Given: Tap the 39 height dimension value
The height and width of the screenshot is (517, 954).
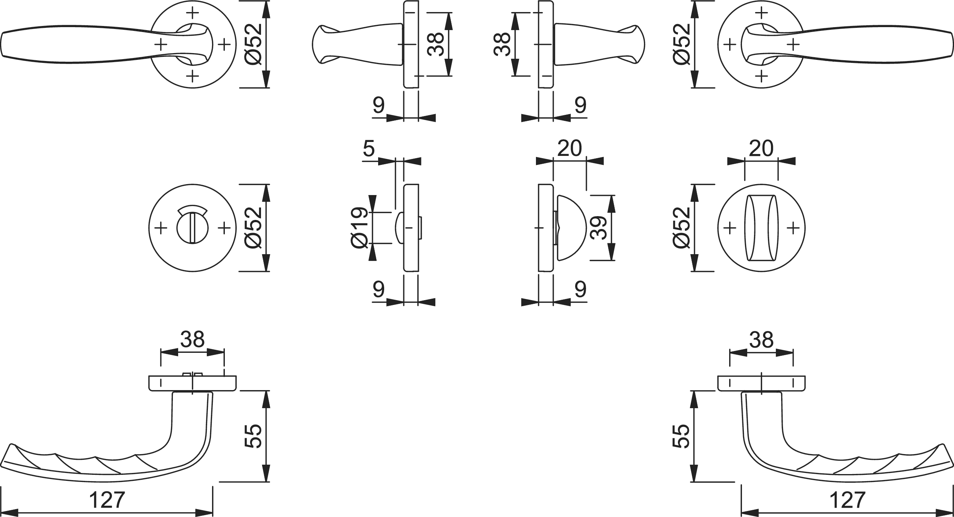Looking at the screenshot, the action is pos(598,228).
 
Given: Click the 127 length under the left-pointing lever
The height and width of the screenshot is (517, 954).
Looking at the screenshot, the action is pos(107,500).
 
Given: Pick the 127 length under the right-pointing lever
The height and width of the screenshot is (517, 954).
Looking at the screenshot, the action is pos(847,500).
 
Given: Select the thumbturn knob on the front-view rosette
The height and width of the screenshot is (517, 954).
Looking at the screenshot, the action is pos(761,228).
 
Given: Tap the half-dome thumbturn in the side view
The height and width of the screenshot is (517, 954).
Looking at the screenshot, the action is pos(570,228).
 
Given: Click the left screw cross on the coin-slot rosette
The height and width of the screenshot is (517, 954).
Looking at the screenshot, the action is pos(161,228).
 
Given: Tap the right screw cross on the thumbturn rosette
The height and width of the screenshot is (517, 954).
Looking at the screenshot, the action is pos(793,228).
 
